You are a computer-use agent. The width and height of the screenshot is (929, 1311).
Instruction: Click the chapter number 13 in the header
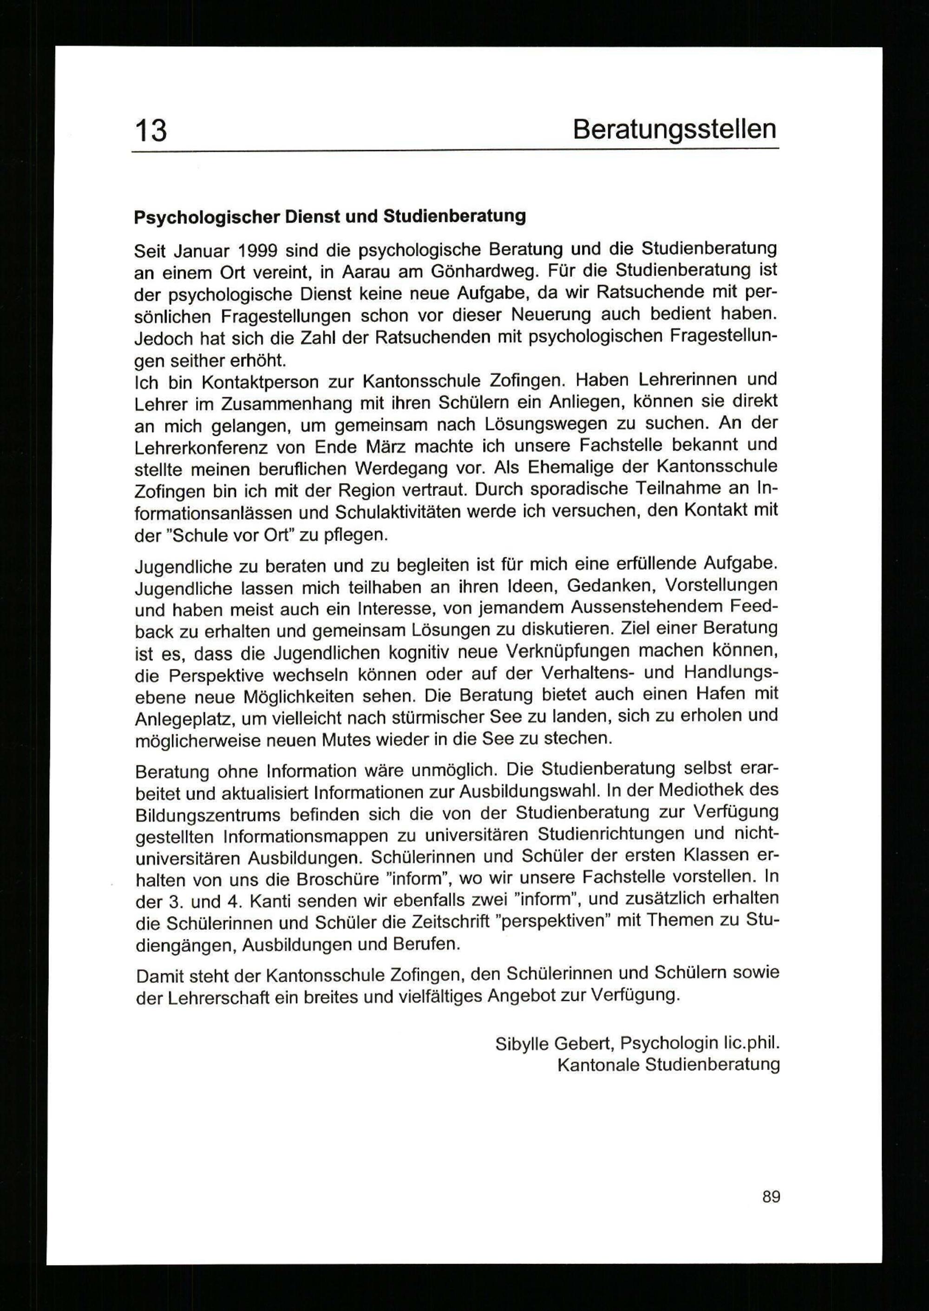150,131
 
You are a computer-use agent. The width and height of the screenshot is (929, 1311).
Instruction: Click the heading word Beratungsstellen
674,129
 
